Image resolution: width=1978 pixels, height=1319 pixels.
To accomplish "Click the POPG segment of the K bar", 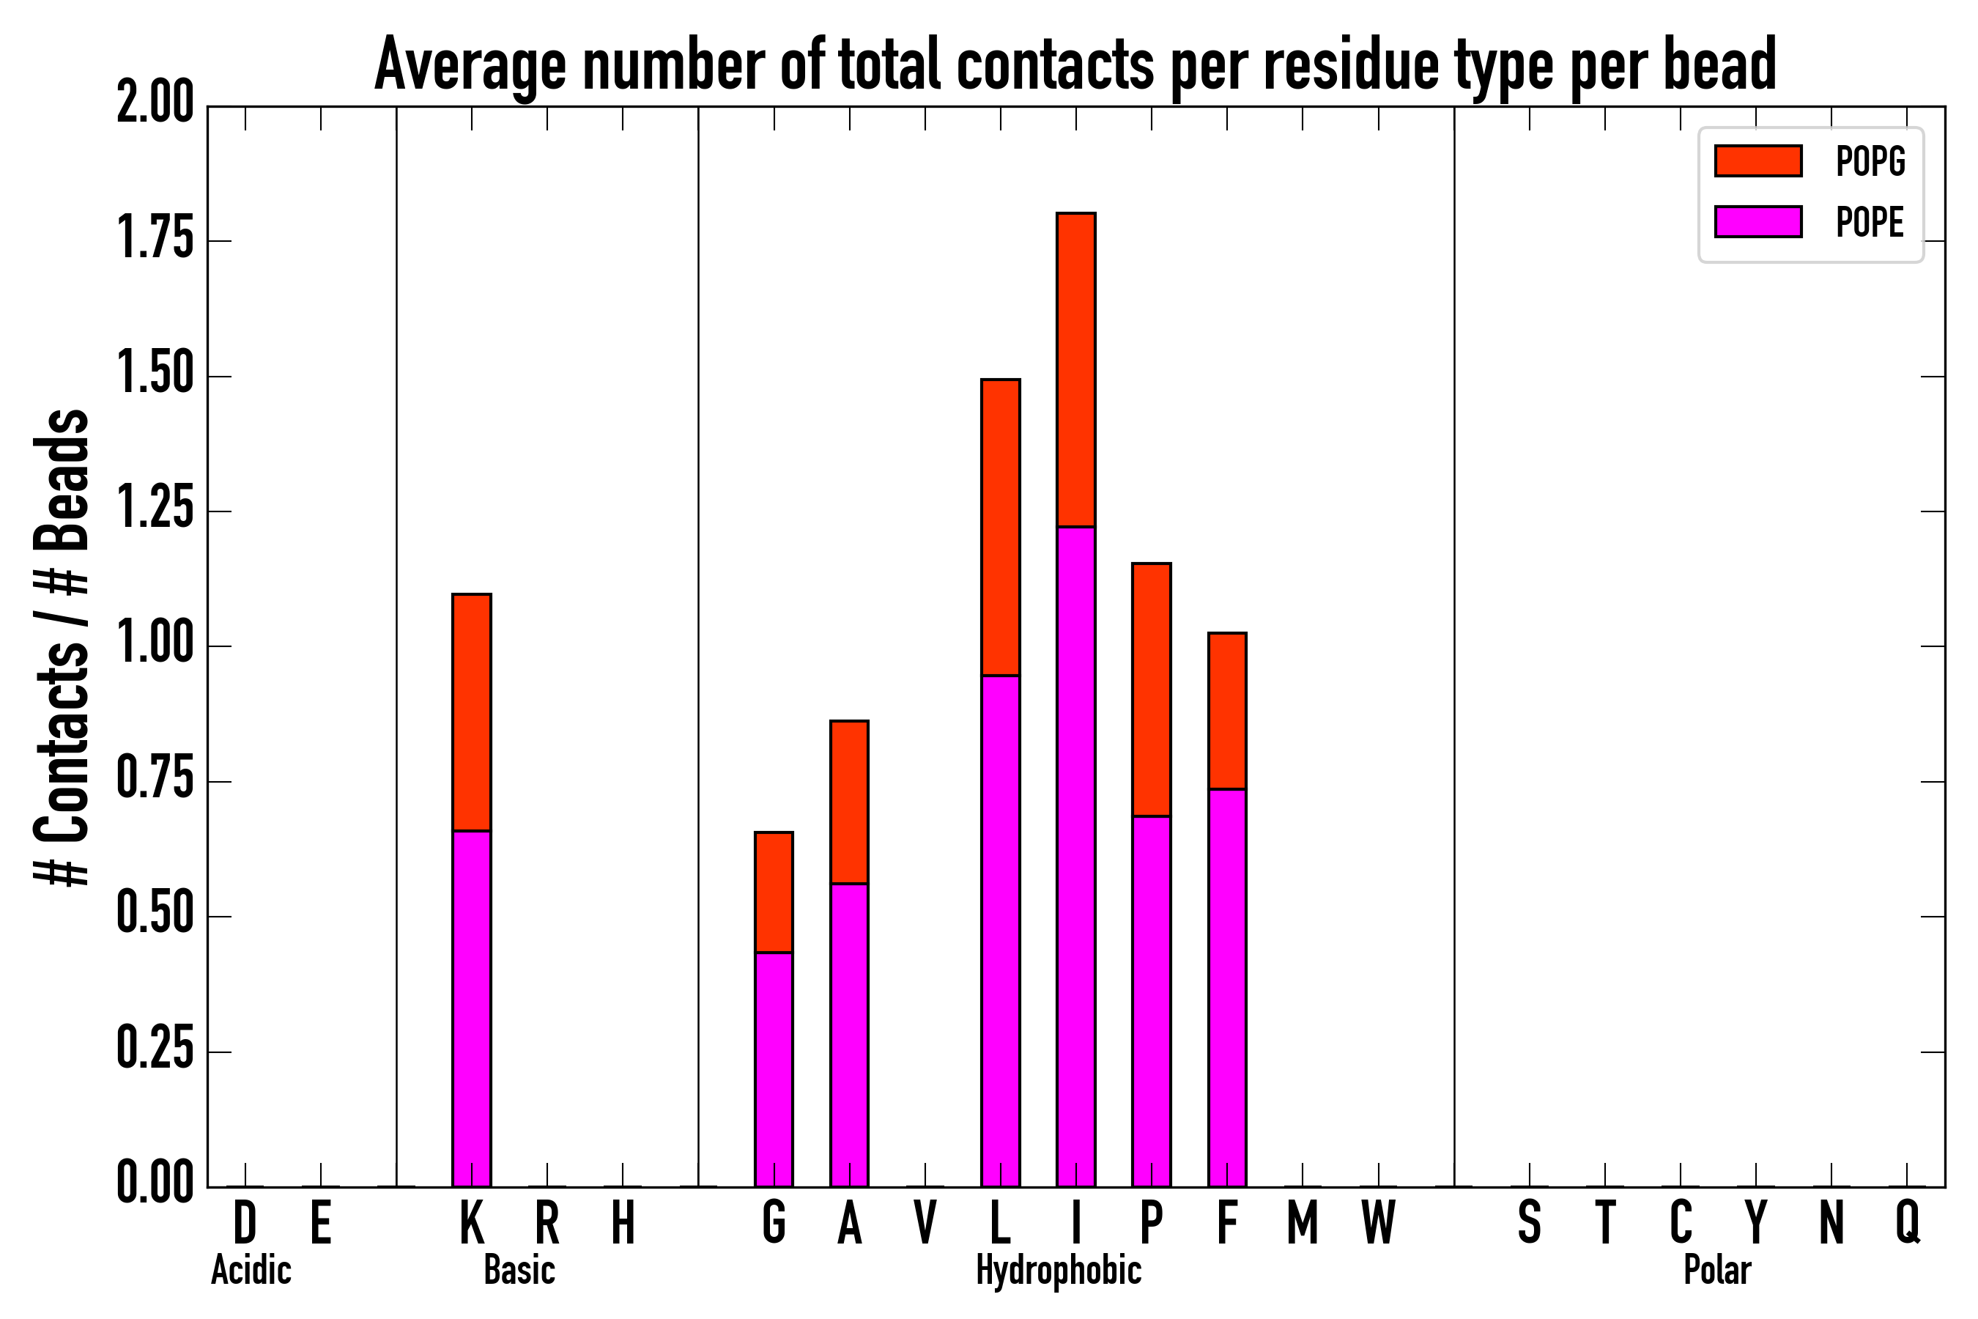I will coord(471,712).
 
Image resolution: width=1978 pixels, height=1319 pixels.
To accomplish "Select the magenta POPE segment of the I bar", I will coord(1075,857).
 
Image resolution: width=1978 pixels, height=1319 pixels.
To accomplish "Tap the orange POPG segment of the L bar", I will coord(1000,528).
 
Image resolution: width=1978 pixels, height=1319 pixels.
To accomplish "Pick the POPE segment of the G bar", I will coord(773,1069).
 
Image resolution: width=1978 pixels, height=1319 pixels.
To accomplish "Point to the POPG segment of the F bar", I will coord(1227,711).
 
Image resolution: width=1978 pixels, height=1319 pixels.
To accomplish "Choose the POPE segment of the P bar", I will coord(1152,1001).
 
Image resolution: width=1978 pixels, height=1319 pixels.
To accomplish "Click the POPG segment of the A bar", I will coord(848,802).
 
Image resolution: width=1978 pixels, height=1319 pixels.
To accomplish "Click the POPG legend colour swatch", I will coord(1757,160).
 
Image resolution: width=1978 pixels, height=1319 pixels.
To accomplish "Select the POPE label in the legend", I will coord(1870,222).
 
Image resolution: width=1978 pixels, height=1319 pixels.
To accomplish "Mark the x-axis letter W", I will coord(1379,1222).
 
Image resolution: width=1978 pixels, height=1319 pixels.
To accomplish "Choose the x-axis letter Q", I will coord(1908,1222).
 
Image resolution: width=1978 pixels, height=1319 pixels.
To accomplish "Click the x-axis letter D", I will coord(245,1222).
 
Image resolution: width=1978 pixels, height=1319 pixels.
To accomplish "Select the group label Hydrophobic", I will coord(1058,1270).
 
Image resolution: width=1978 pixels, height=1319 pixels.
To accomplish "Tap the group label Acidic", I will coord(251,1270).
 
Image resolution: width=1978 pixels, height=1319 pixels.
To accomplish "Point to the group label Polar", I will coord(1716,1270).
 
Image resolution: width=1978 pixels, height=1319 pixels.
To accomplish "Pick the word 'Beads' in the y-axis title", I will coord(62,479).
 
